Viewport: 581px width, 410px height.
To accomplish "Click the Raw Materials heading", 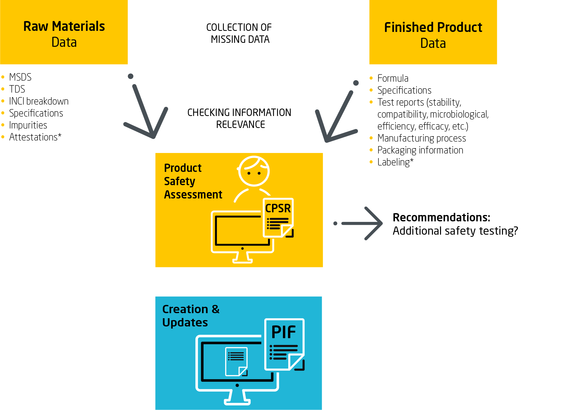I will click(64, 26).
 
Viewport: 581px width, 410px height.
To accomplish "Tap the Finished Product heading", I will click(433, 27).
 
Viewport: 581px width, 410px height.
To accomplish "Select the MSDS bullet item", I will click(20, 77).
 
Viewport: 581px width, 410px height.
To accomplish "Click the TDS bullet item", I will click(17, 89).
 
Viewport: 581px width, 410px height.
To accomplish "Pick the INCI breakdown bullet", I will click(39, 101).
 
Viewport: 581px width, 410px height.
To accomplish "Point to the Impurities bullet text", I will click(28, 125).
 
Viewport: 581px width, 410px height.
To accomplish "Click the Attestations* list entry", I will click(35, 137).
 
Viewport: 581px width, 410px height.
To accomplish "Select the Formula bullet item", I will click(393, 78).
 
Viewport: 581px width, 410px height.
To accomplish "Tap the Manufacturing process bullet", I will click(422, 138).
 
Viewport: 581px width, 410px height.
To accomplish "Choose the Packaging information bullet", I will click(420, 150).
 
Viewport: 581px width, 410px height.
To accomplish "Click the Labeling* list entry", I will click(395, 162).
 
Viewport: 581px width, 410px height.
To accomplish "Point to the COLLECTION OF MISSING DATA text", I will click(239, 33).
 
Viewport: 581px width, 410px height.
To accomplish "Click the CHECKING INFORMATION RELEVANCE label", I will click(239, 118).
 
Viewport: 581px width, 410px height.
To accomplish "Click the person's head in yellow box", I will click(254, 171).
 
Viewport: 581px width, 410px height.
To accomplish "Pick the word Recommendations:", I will click(441, 217).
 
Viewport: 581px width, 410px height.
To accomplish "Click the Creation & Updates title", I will click(191, 316).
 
